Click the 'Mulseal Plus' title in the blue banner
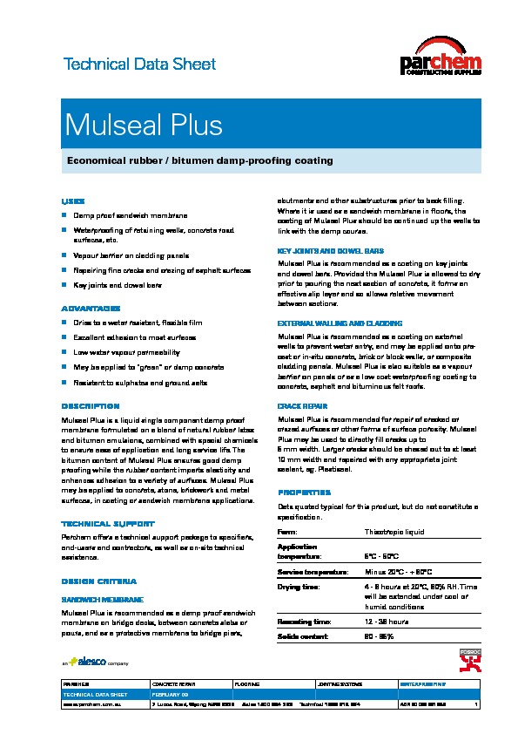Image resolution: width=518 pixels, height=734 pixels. [x=144, y=126]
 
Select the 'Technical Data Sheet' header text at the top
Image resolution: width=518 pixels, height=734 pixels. [x=139, y=65]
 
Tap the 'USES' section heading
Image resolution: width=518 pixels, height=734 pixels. [x=72, y=200]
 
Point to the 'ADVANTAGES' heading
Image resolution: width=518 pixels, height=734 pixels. [x=90, y=309]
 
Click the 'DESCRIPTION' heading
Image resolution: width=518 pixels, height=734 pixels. [x=90, y=406]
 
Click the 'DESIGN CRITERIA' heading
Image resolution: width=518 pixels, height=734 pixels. [x=98, y=581]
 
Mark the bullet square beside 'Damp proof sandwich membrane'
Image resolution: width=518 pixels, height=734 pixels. [x=64, y=214]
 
